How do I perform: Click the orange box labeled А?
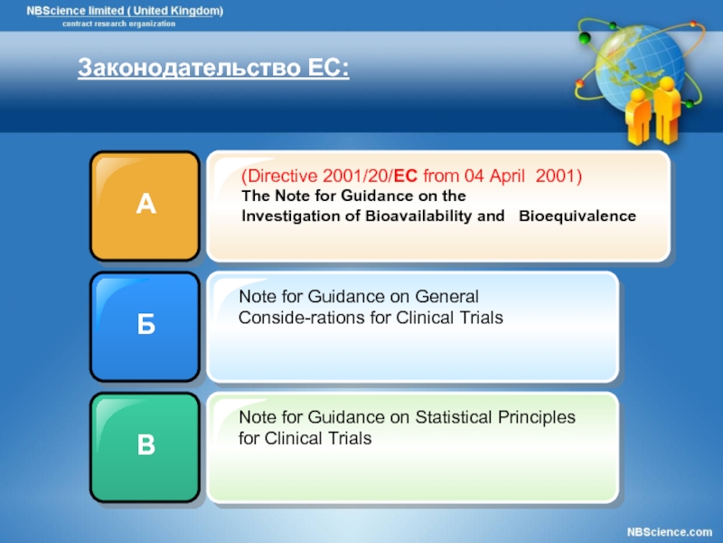[x=145, y=206]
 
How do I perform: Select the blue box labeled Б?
[x=145, y=327]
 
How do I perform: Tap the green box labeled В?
[x=145, y=447]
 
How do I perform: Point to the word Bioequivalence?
[x=577, y=216]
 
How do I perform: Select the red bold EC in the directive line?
[x=406, y=176]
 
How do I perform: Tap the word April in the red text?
[x=507, y=176]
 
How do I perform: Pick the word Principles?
[x=537, y=418]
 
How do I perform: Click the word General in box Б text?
[x=446, y=297]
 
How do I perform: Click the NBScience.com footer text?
[x=670, y=532]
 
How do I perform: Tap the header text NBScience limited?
[x=75, y=11]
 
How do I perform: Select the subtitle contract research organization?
[x=119, y=24]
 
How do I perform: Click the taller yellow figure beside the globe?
[x=666, y=110]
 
